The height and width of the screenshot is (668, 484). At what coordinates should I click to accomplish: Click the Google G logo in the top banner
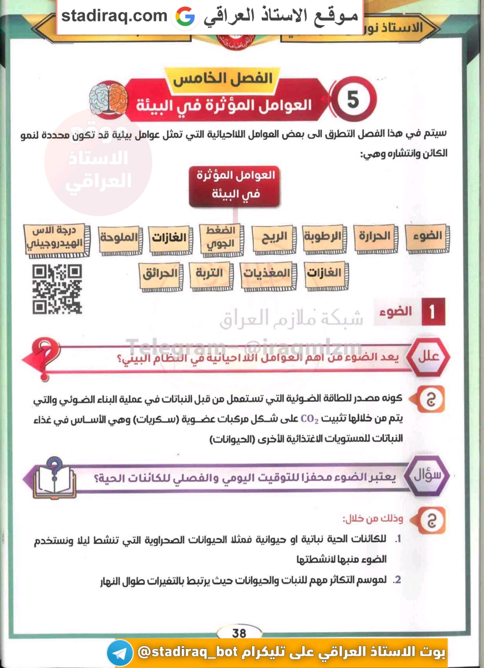point(185,16)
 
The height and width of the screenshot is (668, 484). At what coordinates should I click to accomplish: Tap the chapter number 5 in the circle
point(353,100)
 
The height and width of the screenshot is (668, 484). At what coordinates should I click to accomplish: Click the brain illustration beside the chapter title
point(109,100)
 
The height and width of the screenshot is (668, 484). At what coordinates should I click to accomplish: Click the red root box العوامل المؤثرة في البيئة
point(235,185)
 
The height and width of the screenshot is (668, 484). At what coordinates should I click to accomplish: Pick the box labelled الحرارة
point(375,237)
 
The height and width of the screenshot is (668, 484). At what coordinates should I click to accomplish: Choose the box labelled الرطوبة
point(324,237)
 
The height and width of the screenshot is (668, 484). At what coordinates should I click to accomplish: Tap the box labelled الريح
point(274,238)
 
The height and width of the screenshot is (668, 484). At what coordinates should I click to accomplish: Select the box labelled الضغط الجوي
point(221,238)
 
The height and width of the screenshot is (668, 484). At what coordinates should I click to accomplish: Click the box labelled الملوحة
point(120,238)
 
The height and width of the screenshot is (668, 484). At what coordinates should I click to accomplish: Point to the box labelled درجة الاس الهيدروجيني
point(56,239)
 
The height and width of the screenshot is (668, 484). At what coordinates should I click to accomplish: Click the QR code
point(57,289)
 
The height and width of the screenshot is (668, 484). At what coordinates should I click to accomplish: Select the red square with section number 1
point(433,312)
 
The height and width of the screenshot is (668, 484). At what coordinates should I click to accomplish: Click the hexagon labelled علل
point(428,356)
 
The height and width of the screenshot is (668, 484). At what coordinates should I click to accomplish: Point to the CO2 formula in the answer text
point(309,419)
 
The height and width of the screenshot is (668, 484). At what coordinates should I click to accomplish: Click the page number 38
point(239,633)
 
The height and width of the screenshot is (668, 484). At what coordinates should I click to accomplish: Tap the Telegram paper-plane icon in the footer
point(120,653)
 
